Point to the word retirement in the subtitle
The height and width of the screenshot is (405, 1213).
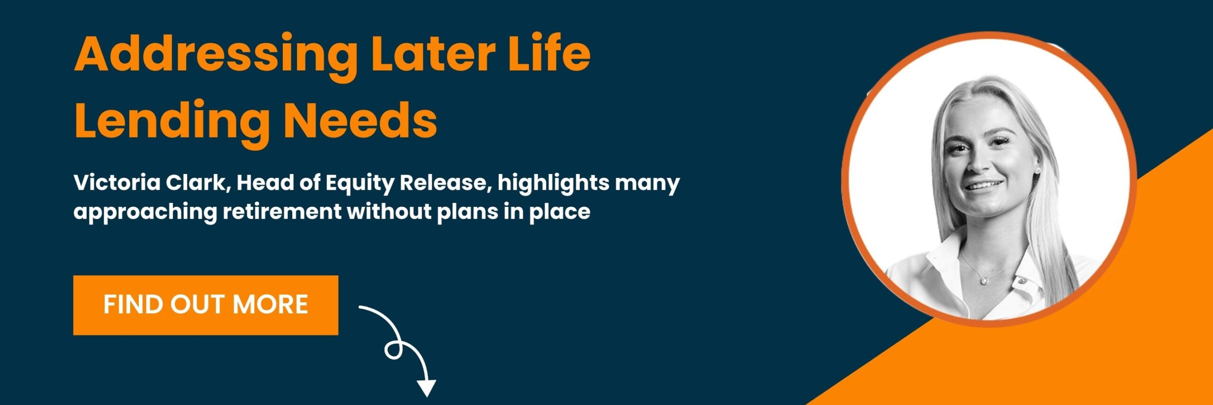click(282, 212)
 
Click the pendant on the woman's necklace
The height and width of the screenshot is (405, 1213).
click(984, 280)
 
